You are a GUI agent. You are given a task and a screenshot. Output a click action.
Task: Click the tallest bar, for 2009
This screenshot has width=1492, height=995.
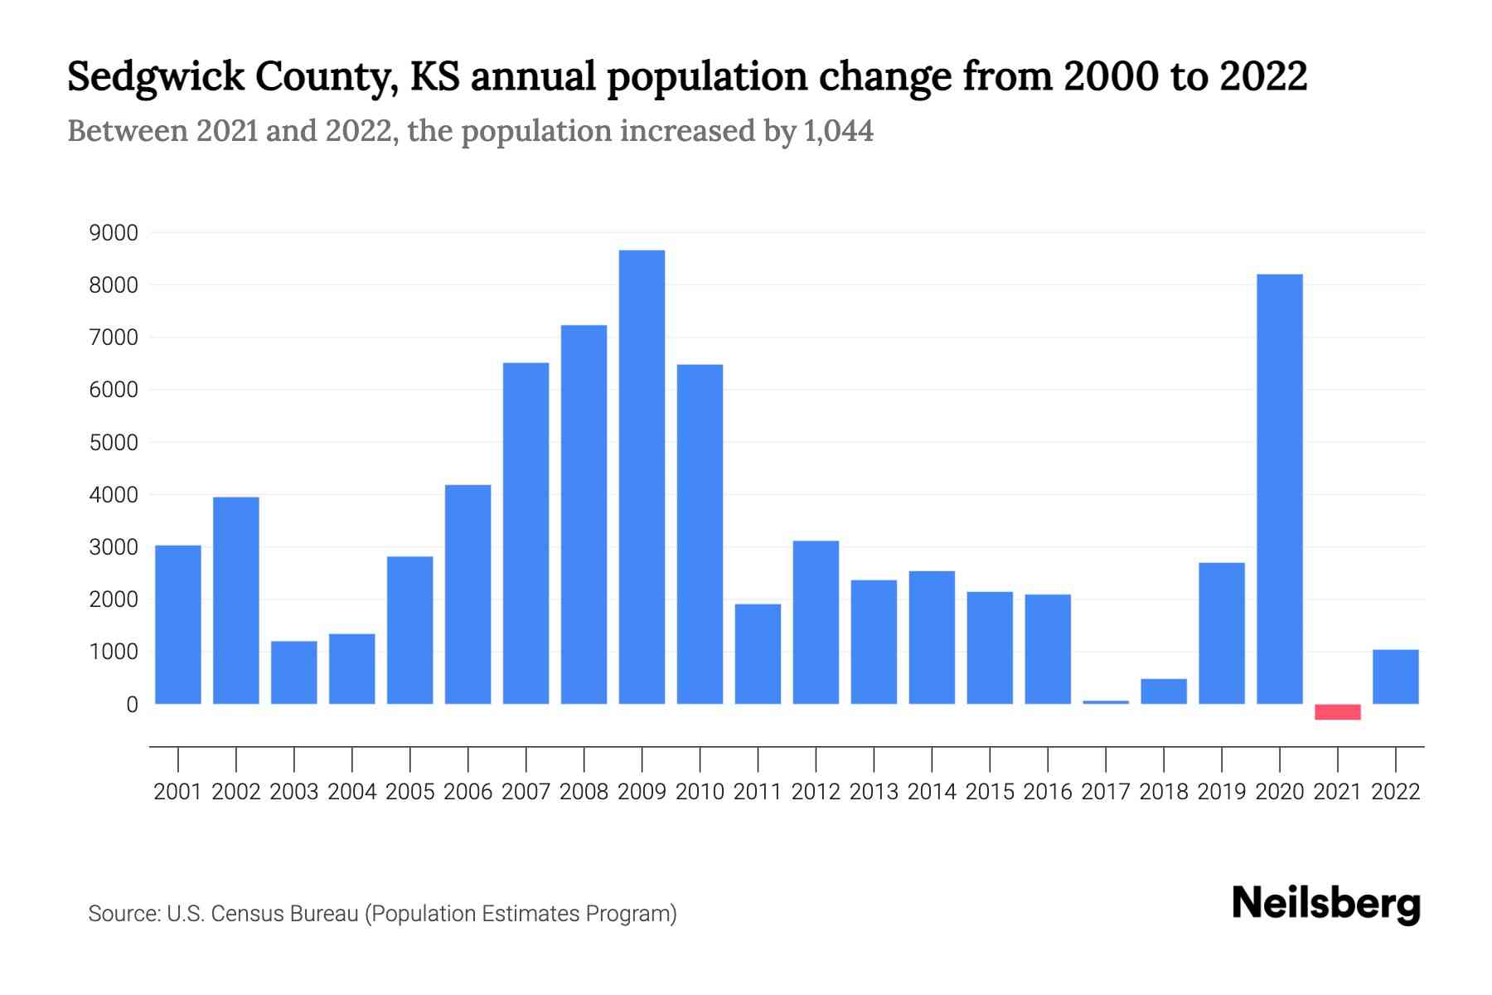click(x=642, y=477)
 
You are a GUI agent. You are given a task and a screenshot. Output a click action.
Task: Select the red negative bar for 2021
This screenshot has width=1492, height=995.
click(x=1337, y=711)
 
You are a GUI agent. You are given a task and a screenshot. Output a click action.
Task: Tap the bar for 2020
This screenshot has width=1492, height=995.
click(x=1279, y=489)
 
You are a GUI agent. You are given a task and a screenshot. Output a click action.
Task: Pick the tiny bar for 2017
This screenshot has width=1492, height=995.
click(x=1106, y=702)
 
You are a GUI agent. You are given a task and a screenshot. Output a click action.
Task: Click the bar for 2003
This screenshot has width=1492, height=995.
click(x=293, y=672)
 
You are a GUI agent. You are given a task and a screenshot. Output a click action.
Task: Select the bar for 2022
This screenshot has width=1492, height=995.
click(x=1395, y=677)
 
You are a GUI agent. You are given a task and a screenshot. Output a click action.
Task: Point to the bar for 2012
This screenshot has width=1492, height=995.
click(x=816, y=622)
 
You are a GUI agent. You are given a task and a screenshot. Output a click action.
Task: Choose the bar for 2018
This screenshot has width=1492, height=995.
click(x=1164, y=692)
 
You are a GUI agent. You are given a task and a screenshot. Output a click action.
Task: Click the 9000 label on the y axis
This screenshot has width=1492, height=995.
click(x=114, y=233)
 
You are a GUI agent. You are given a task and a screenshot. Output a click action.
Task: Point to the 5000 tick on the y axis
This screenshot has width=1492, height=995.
click(x=114, y=443)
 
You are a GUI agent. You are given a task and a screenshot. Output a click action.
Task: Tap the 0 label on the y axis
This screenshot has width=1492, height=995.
click(x=131, y=705)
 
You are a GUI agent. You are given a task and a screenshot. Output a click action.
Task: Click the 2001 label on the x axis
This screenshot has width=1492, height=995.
click(x=177, y=792)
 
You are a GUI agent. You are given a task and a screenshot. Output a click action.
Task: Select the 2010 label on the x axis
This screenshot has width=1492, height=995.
click(x=700, y=792)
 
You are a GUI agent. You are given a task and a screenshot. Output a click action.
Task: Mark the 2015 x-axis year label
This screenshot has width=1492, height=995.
click(x=990, y=792)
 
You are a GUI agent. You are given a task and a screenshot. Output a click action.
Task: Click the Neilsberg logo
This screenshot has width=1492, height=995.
click(x=1325, y=904)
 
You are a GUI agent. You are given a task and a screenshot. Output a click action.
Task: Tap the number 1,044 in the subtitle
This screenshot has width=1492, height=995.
click(x=838, y=131)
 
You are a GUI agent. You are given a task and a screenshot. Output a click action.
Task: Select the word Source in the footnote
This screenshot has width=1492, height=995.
click(x=123, y=914)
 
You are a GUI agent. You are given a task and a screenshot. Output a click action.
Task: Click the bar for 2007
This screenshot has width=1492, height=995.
click(x=526, y=533)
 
